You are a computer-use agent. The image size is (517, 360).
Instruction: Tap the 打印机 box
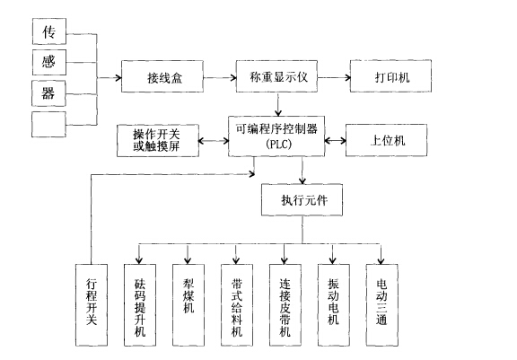coord(391,78)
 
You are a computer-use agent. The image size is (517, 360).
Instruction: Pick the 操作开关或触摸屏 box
coord(157,140)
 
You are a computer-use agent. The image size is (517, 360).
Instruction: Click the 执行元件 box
coord(302,199)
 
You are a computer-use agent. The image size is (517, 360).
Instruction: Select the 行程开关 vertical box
coord(91,303)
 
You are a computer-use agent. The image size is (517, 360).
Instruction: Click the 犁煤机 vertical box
coord(189,303)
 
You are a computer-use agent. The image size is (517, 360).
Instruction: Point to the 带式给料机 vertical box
coord(238,303)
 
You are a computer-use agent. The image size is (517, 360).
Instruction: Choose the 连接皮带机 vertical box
coord(286,303)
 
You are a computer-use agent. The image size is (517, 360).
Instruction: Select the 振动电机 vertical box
coord(335,303)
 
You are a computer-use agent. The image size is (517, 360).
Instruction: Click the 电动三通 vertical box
coord(382,303)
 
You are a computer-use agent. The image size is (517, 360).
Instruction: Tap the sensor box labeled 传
coord(49,32)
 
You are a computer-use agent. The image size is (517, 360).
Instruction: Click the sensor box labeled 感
coord(49,62)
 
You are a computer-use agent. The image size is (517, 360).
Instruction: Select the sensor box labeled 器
coord(49,92)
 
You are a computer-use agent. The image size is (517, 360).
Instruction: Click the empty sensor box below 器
coord(49,123)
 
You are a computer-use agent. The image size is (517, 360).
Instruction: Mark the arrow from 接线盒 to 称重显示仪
coord(221,78)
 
